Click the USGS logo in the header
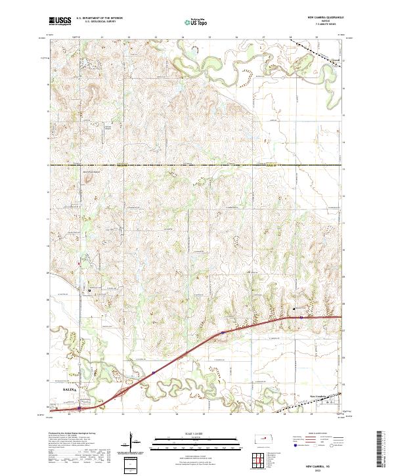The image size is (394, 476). coord(60,21)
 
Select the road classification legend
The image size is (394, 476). coord(315,443)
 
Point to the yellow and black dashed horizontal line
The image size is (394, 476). coord(197,165)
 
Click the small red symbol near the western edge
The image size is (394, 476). coord(79,264)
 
